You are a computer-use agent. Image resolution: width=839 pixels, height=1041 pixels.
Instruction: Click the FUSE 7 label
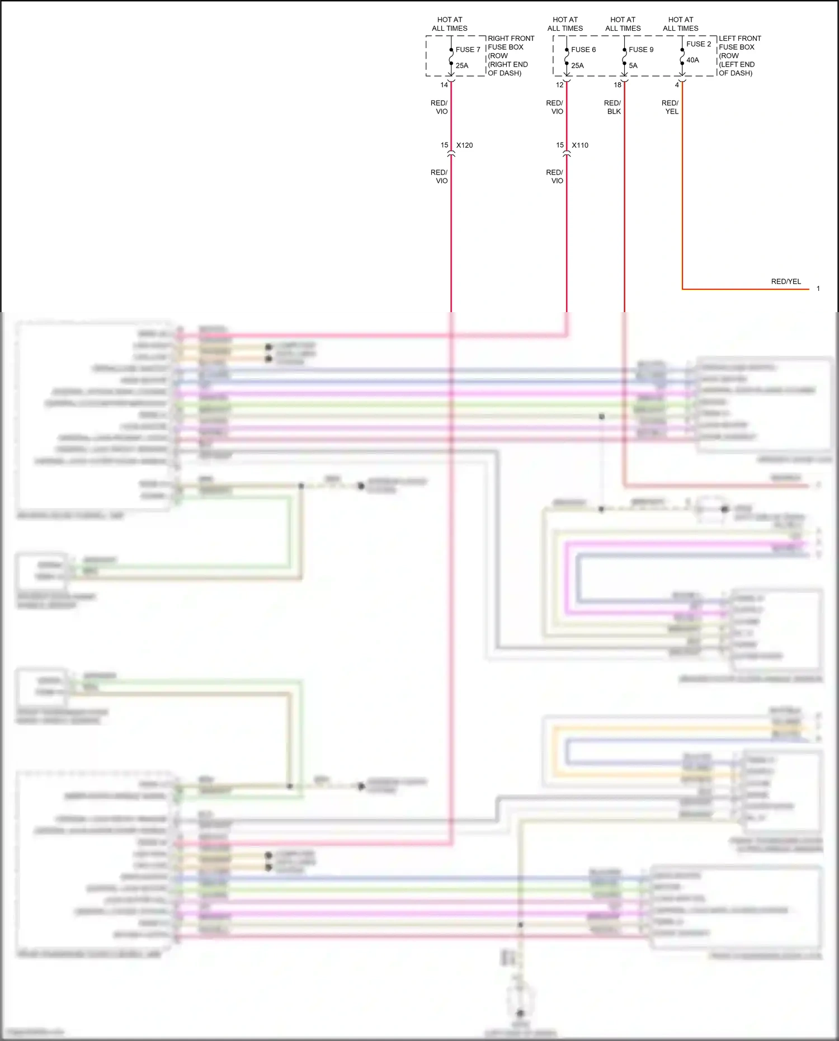coord(468,50)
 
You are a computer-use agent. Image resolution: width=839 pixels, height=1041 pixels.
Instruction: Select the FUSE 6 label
coord(583,50)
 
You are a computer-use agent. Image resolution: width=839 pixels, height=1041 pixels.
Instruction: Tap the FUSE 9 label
coord(640,50)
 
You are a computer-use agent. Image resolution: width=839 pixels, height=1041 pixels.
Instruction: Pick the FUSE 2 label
coord(699,44)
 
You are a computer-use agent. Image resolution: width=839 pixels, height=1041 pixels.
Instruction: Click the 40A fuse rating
coord(692,60)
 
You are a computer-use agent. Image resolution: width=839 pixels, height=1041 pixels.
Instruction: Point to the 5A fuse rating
coord(633,65)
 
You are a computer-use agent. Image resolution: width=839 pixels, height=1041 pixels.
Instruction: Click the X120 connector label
coord(464,145)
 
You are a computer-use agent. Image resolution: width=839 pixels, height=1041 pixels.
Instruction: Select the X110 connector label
coord(580,145)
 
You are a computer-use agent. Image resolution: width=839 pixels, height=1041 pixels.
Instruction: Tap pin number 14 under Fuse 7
coord(444,85)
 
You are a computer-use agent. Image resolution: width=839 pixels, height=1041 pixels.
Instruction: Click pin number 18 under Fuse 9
coord(618,85)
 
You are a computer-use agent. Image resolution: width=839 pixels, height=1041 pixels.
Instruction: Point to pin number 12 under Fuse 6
coord(559,85)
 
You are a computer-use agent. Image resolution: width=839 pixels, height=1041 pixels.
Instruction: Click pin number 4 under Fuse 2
coord(677,85)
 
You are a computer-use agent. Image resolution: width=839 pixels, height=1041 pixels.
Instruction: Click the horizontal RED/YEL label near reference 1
coord(786,281)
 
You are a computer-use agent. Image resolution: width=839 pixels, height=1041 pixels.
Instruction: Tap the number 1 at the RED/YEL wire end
coord(818,289)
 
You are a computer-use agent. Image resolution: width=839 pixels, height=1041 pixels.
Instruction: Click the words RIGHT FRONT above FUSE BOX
coord(511,39)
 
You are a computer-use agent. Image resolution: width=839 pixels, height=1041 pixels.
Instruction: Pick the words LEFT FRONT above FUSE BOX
coord(739,39)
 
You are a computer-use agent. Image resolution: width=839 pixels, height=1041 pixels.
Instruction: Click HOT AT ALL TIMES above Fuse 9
coord(623,24)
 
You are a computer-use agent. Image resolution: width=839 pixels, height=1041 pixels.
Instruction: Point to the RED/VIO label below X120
coord(439,177)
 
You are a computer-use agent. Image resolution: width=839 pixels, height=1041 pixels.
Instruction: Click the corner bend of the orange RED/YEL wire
coord(682,289)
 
